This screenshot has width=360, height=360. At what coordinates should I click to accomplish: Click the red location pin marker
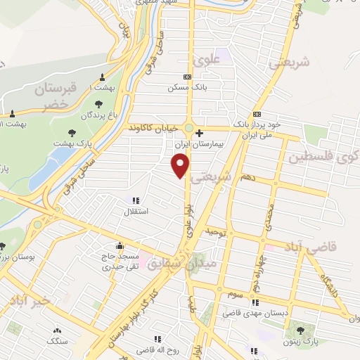point(181,166)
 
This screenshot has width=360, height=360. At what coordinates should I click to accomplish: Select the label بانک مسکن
point(185,88)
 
